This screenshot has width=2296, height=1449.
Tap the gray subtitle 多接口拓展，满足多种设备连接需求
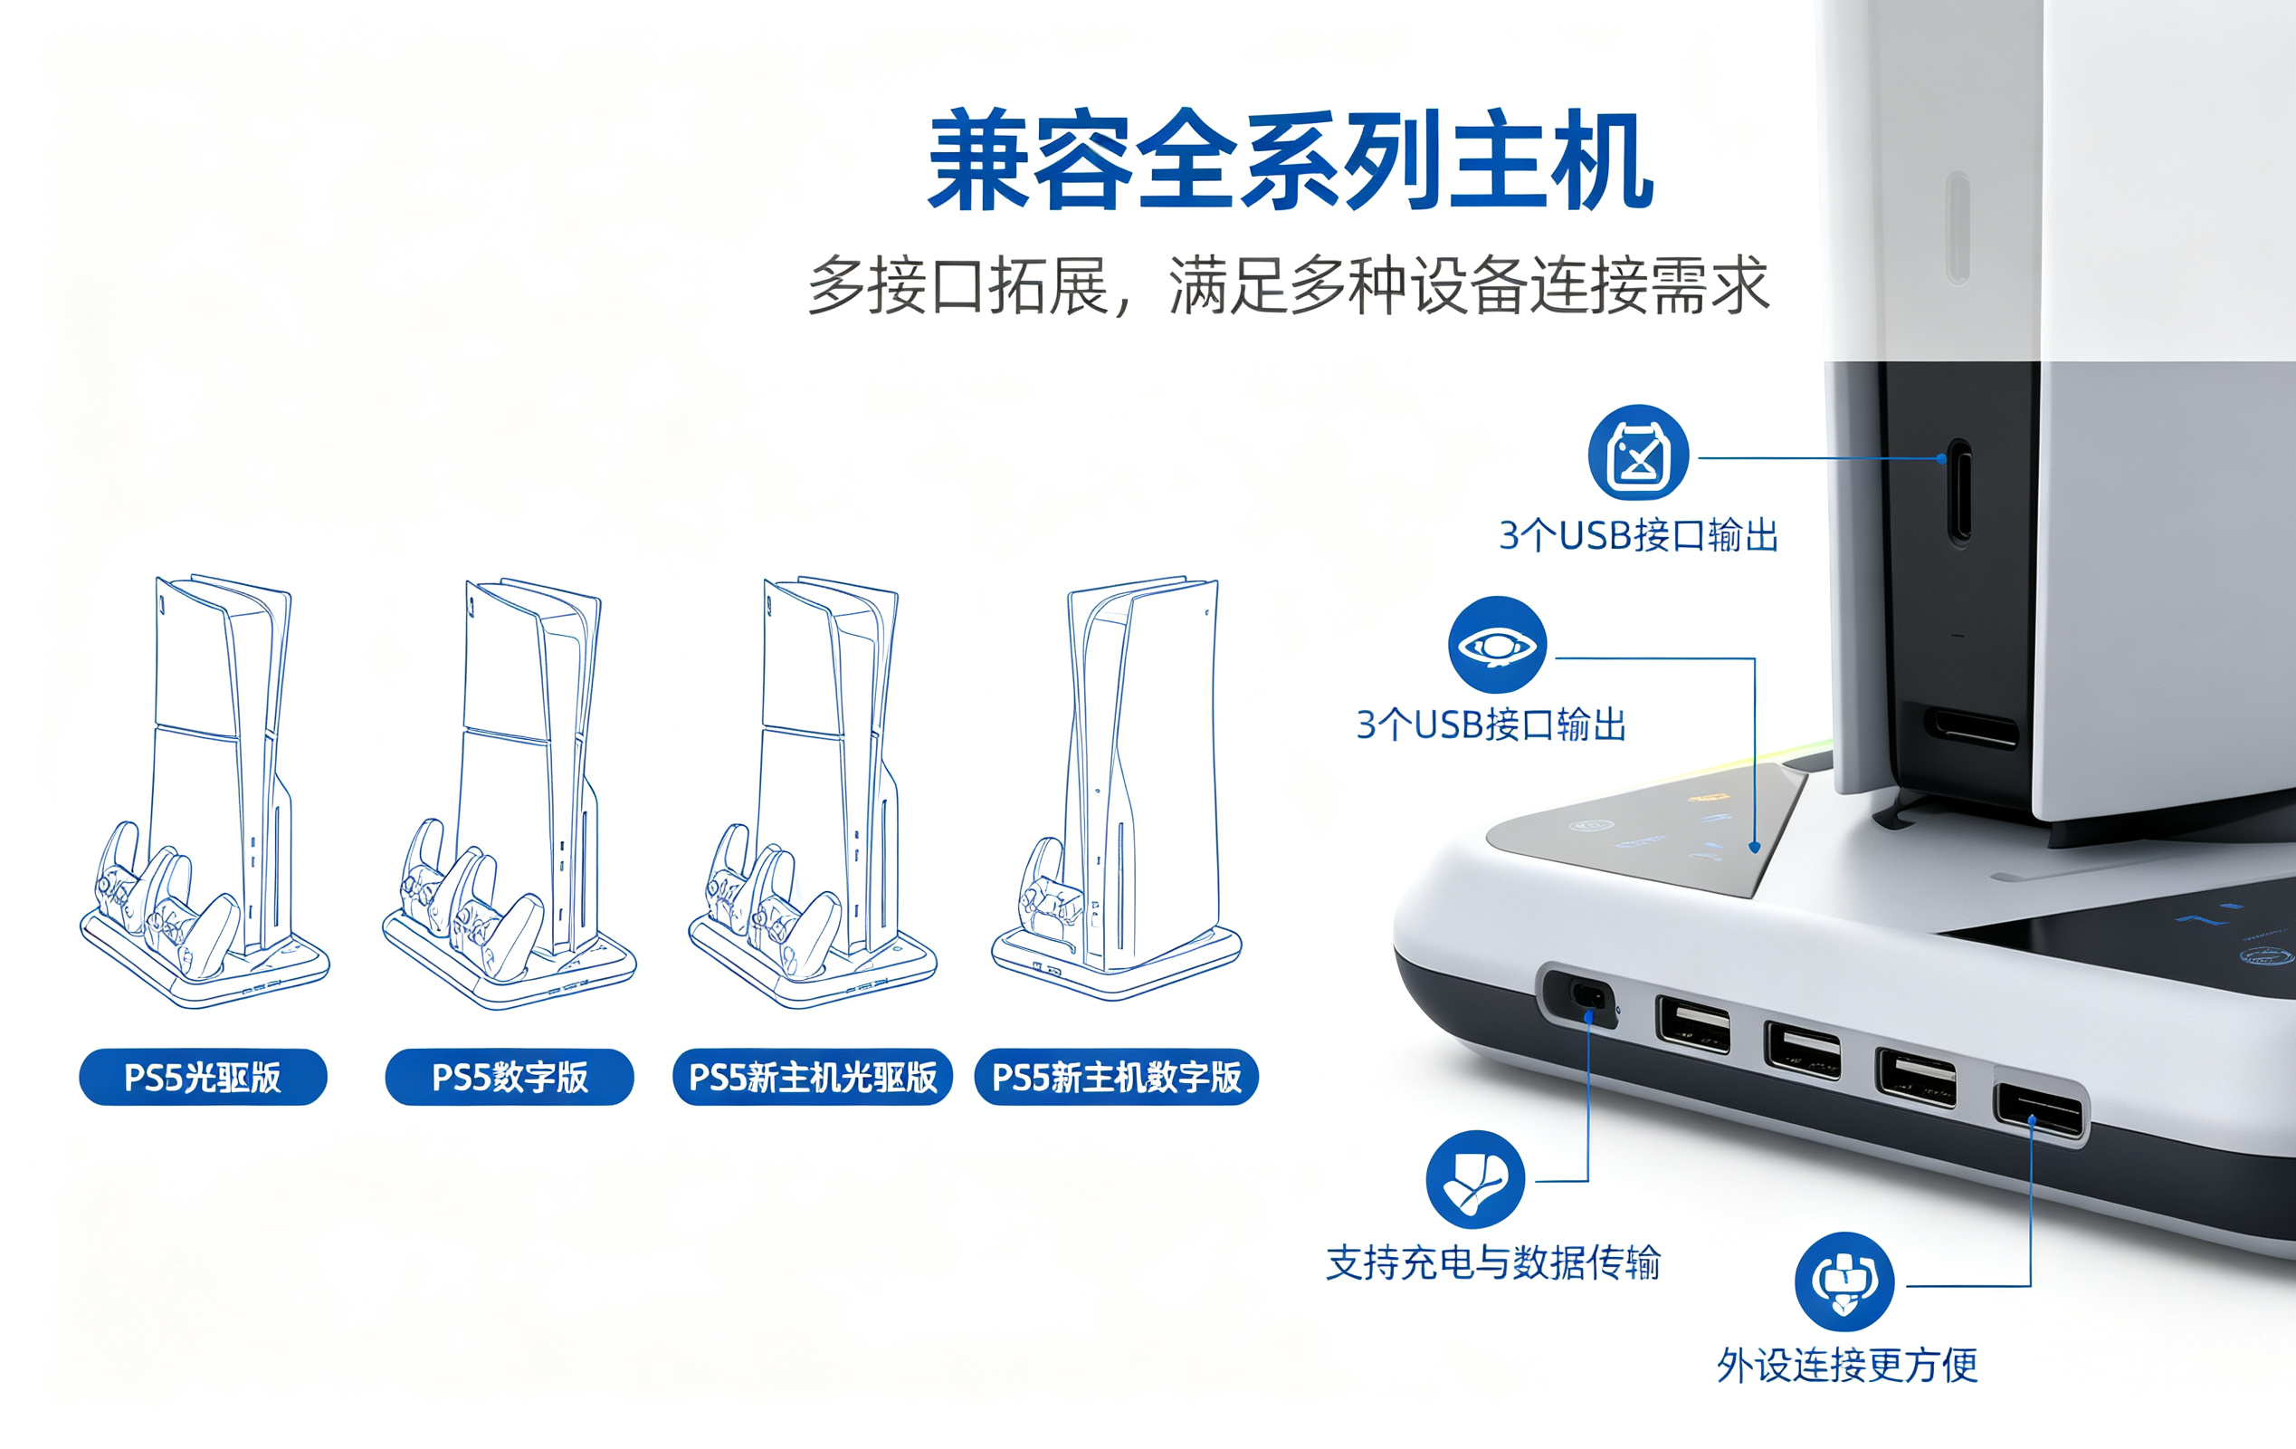[1288, 284]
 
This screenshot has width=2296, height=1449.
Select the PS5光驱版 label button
[203, 1077]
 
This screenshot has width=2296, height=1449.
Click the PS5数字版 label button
[510, 1077]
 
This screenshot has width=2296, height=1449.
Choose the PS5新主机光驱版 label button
[813, 1077]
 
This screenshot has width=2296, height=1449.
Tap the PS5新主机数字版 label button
[1117, 1077]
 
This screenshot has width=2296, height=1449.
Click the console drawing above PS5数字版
[510, 792]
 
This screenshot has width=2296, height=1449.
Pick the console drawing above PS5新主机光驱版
[814, 791]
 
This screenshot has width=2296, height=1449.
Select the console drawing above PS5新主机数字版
[1118, 787]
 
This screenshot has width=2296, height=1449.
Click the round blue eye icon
[1497, 645]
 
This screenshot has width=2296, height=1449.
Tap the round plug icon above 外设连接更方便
[1844, 1281]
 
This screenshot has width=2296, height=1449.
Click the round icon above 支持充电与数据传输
[1475, 1179]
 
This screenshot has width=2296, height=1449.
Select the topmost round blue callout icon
[1638, 452]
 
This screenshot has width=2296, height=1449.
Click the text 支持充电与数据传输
[1493, 1262]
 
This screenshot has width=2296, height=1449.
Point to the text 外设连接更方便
[1847, 1365]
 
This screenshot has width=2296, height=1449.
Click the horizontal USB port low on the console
[1970, 729]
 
